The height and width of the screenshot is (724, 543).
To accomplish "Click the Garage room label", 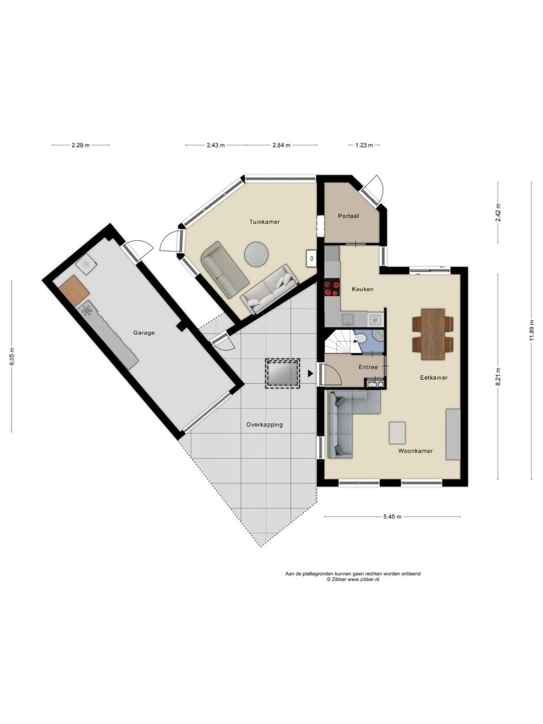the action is (x=144, y=333).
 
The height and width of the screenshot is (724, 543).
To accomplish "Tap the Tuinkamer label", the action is (x=264, y=222).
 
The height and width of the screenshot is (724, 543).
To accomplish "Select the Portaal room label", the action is (x=349, y=216).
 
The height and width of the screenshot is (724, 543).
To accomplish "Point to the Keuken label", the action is (x=363, y=289).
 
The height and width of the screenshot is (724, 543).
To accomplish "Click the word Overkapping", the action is (x=264, y=425).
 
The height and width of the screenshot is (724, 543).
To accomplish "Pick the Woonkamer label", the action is (x=415, y=451).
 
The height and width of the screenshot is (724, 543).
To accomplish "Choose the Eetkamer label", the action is (x=434, y=378).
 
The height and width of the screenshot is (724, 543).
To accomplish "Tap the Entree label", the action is (x=368, y=367).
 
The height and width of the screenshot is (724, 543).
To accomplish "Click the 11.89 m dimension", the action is (x=531, y=331).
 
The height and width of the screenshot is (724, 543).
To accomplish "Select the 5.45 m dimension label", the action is (x=393, y=517).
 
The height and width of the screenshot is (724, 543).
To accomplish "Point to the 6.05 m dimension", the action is (x=12, y=356).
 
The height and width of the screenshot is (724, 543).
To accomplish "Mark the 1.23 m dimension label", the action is (x=364, y=145).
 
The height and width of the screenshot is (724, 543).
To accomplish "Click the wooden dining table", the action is (x=432, y=334).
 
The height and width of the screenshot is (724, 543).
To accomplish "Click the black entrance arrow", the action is (x=310, y=373).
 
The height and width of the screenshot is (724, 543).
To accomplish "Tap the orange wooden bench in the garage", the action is (x=74, y=291).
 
